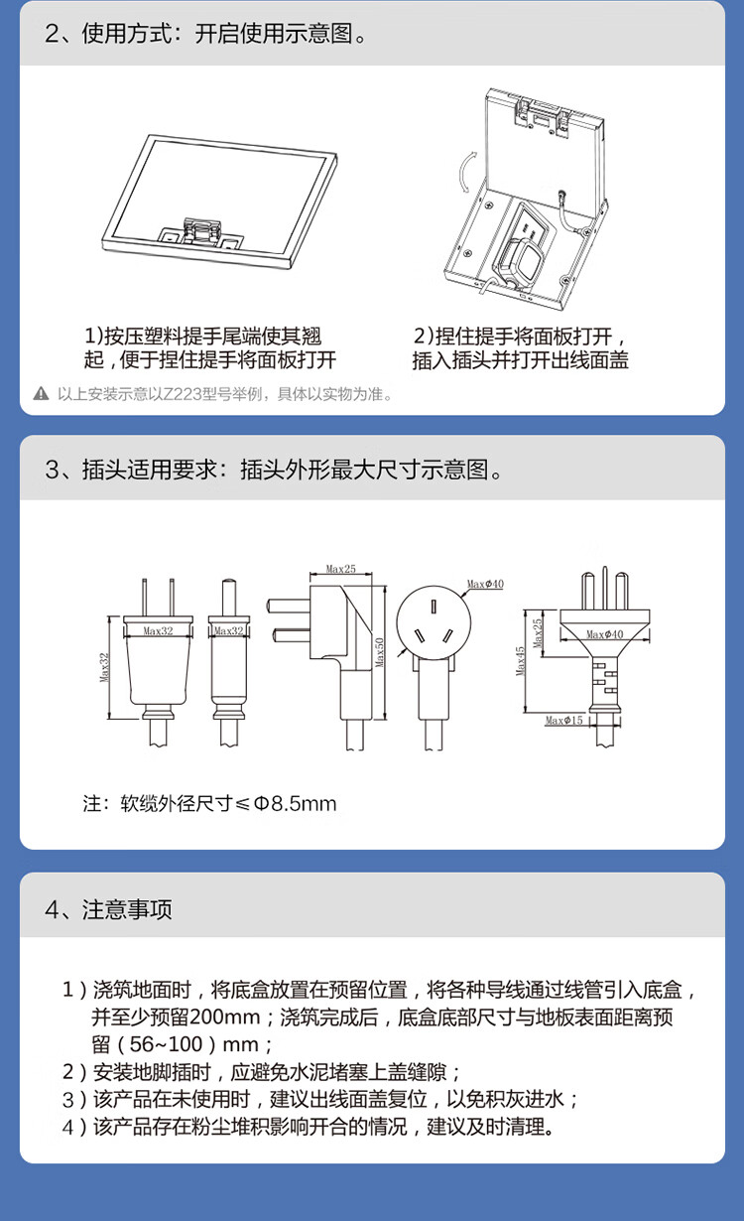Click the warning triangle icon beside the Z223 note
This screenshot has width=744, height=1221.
41,393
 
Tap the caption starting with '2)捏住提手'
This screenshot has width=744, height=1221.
520,347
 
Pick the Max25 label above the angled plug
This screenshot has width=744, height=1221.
341,569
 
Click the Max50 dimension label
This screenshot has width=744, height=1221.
380,652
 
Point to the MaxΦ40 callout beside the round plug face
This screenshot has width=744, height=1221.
485,584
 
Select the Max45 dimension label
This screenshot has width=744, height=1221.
520,661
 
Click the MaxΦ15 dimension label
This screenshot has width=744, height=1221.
563,720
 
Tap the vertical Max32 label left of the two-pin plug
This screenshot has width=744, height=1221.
104,668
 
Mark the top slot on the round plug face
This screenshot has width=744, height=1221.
434,607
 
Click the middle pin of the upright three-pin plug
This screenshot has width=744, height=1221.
604,588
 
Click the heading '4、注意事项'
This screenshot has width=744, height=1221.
108,909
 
